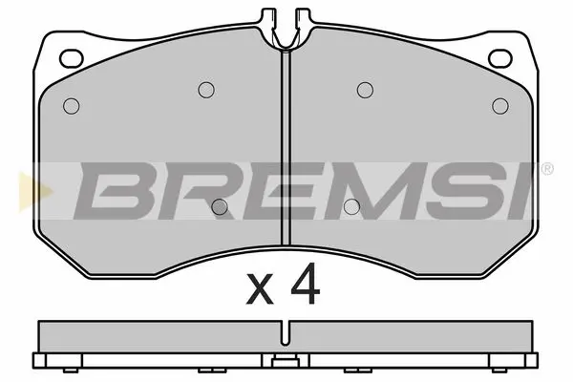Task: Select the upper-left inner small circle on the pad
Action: [x=204, y=90]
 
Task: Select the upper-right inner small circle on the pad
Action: [x=364, y=90]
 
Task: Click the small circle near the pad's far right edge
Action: [x=499, y=105]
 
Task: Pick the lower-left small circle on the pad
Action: [x=220, y=204]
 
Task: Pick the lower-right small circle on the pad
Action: [x=351, y=204]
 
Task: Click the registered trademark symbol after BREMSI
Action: [x=546, y=169]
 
